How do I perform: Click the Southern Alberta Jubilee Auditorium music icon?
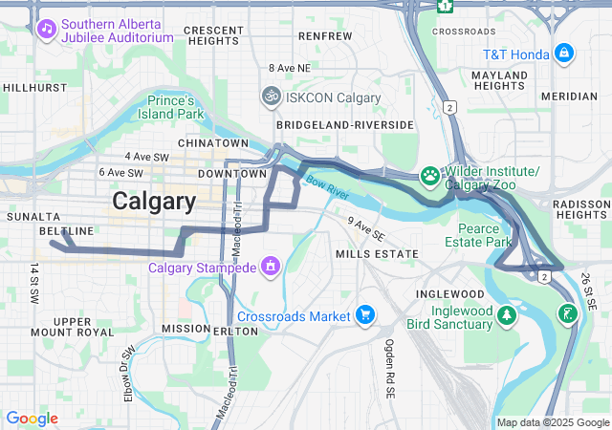[x=47, y=29]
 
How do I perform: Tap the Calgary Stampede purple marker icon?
[x=272, y=265]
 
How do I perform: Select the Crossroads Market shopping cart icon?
[x=363, y=314]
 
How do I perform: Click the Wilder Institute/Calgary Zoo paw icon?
[x=430, y=176]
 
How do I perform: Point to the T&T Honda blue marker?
[x=564, y=52]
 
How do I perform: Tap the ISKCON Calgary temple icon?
[x=272, y=97]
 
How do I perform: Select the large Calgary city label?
[x=154, y=202]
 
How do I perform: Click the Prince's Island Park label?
[x=176, y=107]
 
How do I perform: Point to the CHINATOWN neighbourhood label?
[x=219, y=143]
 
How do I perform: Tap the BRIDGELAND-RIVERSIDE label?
[x=344, y=125]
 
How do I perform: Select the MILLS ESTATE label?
[x=377, y=253]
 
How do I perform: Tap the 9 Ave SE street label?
[x=366, y=228]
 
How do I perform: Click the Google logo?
[x=32, y=419]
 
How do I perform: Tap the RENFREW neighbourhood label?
[x=319, y=35]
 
